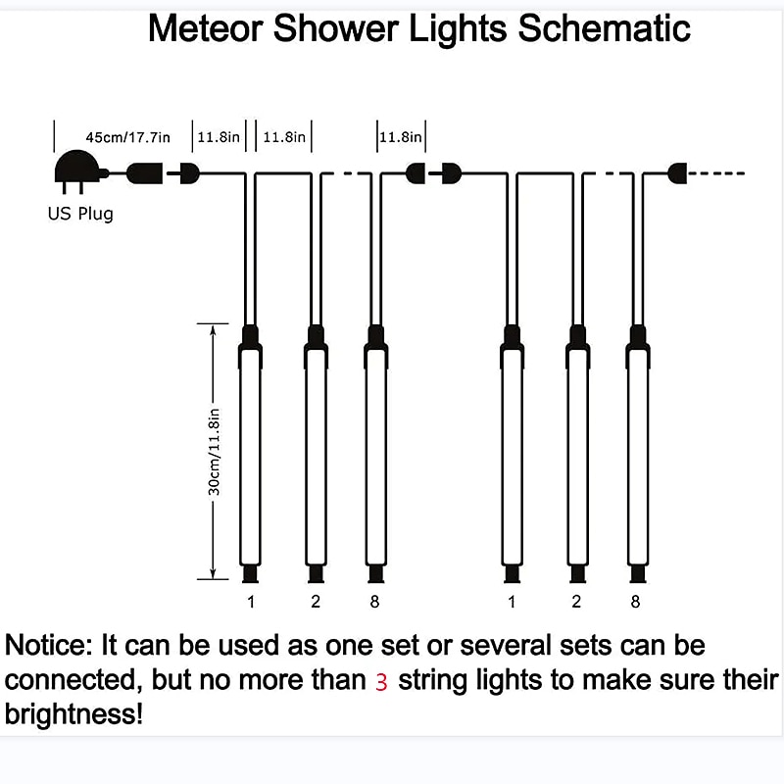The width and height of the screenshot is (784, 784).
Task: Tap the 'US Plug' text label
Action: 80,214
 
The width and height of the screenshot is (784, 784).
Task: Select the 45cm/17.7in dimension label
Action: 127,137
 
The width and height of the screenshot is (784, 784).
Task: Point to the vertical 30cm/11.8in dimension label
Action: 216,451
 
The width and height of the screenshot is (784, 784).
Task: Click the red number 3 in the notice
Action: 381,682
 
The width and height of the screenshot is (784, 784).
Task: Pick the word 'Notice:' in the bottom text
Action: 47,647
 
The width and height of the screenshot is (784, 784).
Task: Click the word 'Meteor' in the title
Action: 205,28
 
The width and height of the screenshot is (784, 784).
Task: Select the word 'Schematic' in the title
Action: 605,28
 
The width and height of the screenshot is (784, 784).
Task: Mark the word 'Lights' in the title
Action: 455,28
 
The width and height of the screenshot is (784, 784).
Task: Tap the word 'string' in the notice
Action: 434,680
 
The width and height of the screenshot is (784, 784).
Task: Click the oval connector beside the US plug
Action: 145,173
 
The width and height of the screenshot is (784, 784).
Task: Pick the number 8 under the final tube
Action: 635,602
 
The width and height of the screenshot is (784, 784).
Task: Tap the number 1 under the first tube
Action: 251,602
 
